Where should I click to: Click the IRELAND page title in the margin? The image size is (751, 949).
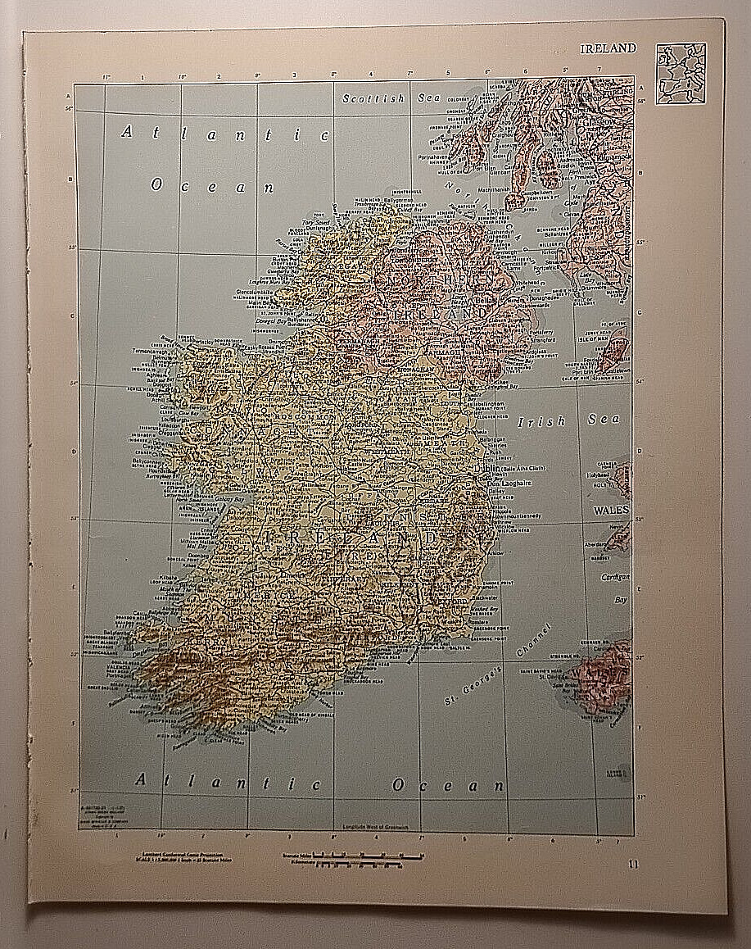coord(608,48)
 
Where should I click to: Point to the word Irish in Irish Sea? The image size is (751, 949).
coord(541,421)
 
